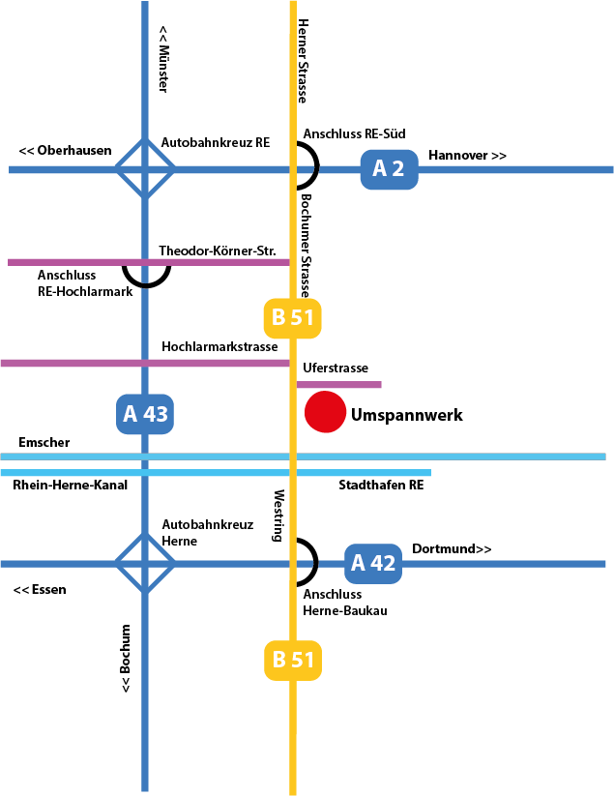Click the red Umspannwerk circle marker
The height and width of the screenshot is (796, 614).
coord(326,412)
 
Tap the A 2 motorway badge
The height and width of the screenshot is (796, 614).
coord(389,169)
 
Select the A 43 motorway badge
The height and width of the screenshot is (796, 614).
coord(145,414)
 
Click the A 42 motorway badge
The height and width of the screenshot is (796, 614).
coord(373,563)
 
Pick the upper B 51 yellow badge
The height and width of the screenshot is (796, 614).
coord(292,318)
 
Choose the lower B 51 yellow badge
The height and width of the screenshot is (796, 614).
coord(292,661)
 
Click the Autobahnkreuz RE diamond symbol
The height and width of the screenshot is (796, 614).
coord(145,169)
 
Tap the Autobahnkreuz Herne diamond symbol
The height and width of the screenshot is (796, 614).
coord(145,563)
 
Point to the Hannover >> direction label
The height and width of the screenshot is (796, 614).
coord(467,156)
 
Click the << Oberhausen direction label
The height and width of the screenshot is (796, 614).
coord(65,151)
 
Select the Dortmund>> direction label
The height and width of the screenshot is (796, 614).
coord(452,549)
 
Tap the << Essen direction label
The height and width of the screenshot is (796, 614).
coord(40,589)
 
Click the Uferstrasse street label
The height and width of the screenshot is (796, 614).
coord(335,369)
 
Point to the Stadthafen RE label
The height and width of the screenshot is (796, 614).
coord(381,485)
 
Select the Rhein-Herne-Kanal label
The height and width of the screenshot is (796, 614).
coord(71,485)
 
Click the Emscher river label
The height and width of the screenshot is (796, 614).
coord(44,443)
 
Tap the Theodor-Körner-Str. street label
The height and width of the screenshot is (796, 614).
coord(218,251)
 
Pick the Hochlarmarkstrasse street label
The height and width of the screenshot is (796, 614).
coord(219,346)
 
